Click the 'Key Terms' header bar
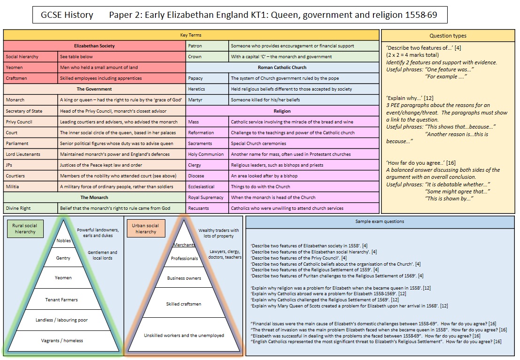191,35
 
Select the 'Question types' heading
448,36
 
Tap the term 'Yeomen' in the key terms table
14,68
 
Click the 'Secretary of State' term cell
24,111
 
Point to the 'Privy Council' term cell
18,122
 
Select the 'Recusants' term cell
199,208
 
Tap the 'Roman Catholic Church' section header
282,68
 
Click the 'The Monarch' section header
94,198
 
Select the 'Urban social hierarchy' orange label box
146,229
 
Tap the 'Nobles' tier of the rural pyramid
63,241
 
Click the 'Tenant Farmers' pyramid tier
62,299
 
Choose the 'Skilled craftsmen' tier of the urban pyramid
184,304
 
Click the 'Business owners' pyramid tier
184,278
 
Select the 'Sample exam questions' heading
380,221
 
